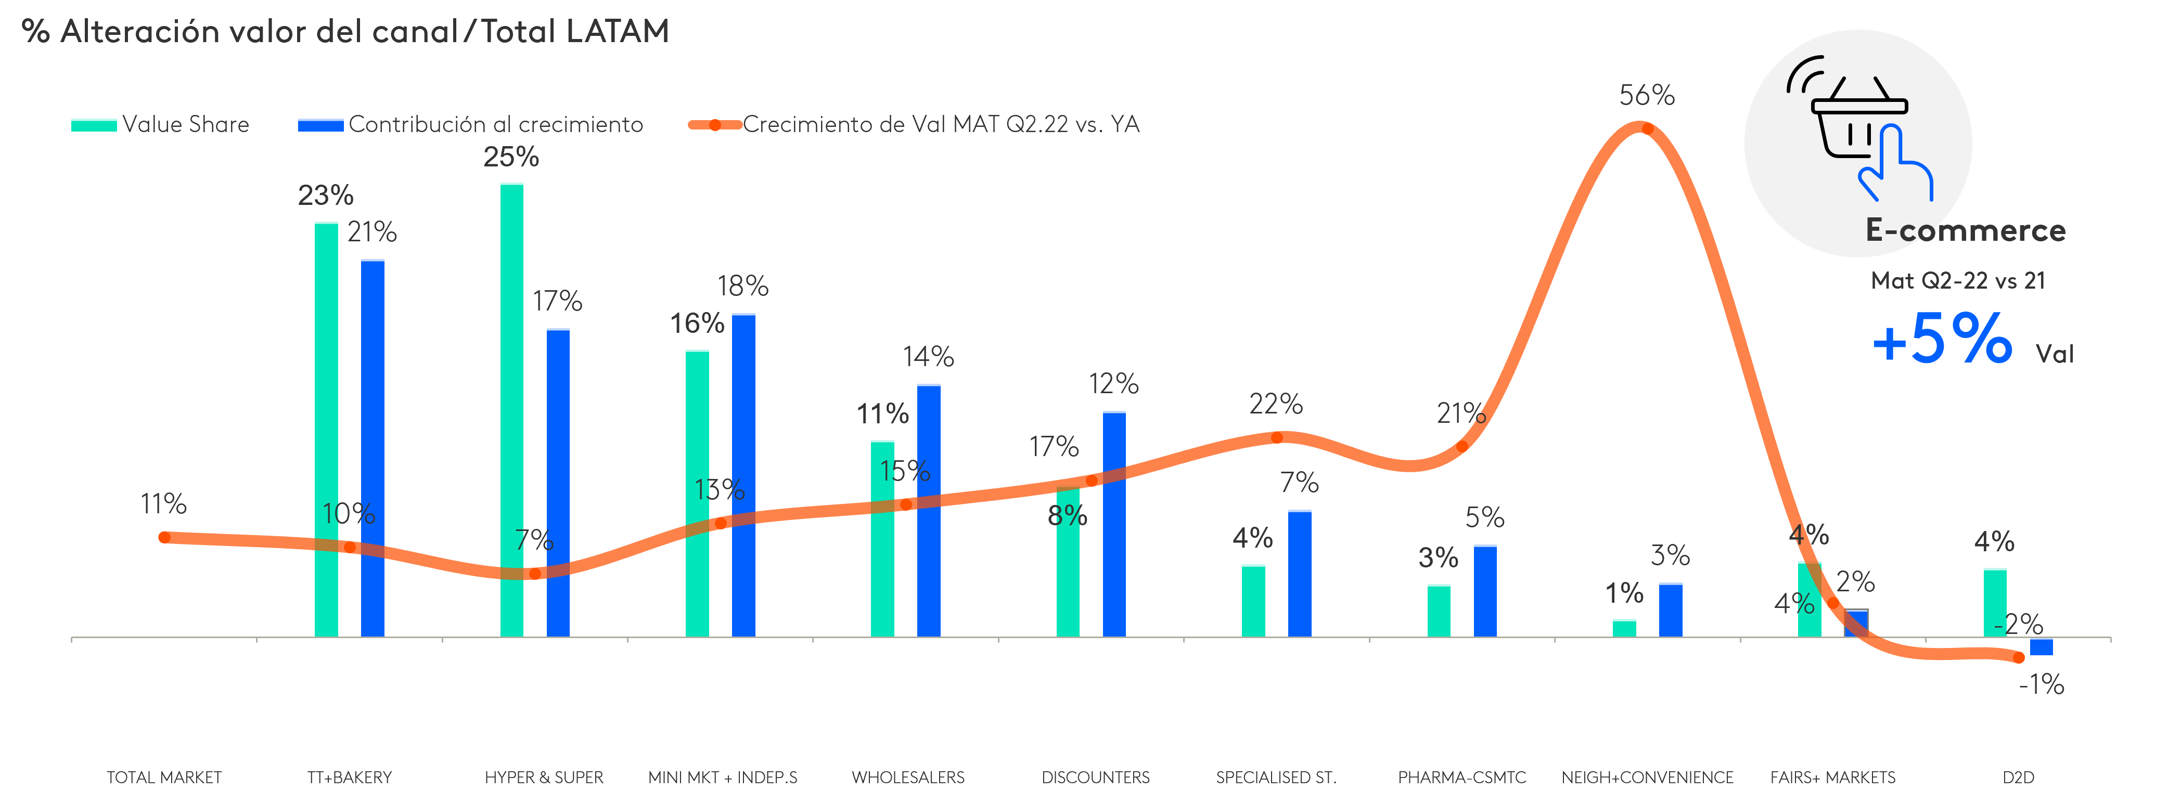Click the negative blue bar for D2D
point(2041,646)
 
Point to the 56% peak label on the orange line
point(1647,96)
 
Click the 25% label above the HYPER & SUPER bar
point(511,158)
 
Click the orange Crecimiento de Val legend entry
point(913,124)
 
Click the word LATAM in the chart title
point(617,32)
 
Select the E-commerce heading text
point(1965,230)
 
